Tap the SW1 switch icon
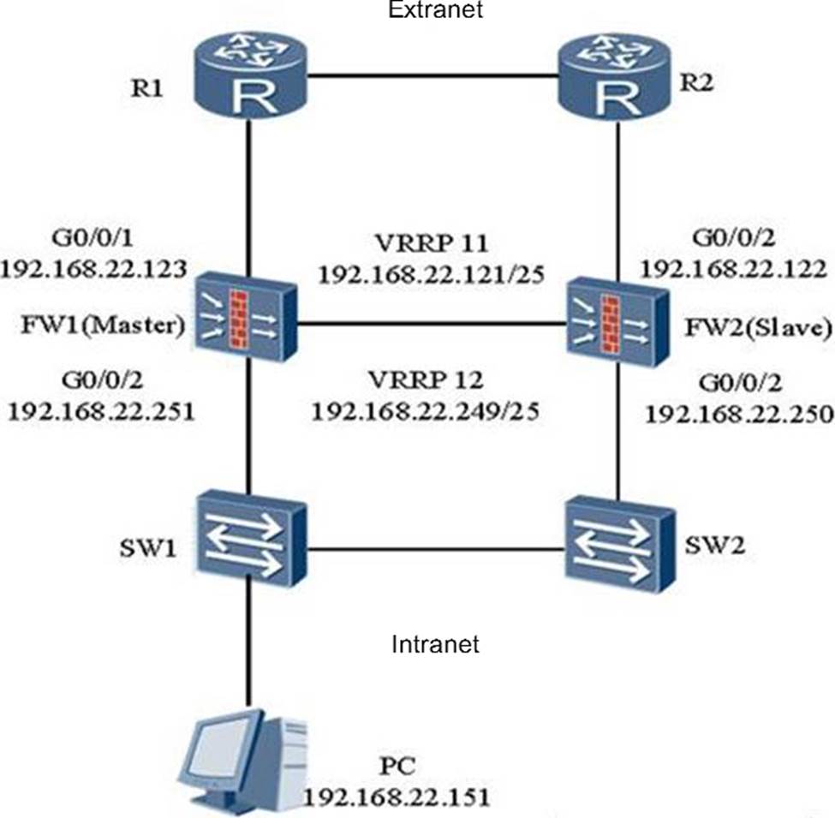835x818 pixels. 248,540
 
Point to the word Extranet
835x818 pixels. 435,10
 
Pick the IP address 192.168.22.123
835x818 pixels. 94,271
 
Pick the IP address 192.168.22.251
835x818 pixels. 100,410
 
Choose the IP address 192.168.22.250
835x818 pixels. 738,414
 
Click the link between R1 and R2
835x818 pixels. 432,75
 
